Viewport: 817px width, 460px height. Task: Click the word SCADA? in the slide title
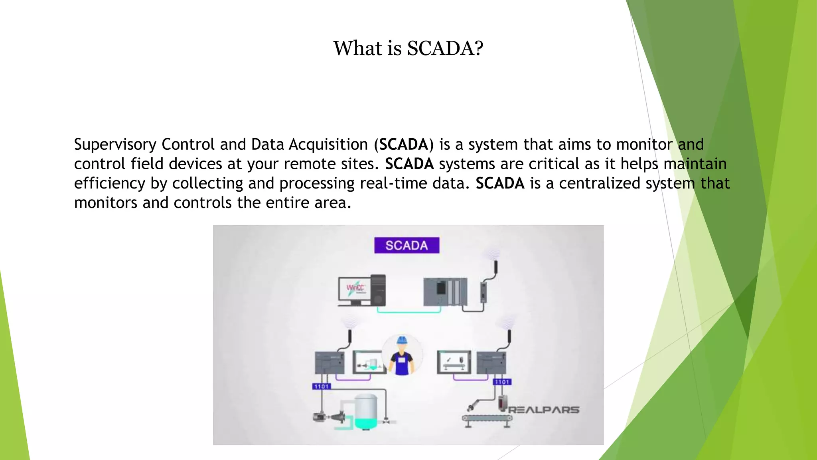point(445,48)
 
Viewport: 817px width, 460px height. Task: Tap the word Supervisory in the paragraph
point(115,145)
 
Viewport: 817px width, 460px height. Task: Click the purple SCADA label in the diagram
point(407,245)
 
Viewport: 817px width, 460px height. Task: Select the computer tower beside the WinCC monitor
point(378,289)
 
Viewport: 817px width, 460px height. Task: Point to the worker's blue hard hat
point(402,340)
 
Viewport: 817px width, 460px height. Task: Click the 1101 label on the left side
point(321,386)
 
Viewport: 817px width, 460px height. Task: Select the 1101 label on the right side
point(502,382)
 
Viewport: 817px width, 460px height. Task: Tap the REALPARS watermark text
point(543,410)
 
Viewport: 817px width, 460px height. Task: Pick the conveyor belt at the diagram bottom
point(487,418)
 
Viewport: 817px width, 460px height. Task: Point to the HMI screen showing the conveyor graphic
point(454,362)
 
